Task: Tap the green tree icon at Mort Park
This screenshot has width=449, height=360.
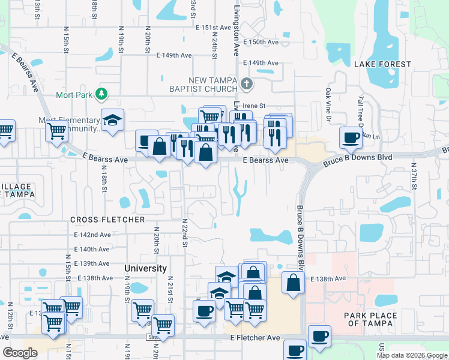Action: tap(101, 94)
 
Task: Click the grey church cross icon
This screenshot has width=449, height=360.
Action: tap(246, 83)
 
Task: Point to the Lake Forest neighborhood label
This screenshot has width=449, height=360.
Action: tap(382, 64)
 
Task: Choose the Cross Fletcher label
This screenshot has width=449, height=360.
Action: tap(107, 220)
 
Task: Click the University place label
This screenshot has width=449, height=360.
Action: tap(145, 268)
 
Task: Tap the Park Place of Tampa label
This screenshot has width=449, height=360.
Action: tap(370, 320)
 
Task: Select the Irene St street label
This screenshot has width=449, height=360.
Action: tap(253, 106)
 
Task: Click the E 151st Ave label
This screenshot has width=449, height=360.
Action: tap(213, 28)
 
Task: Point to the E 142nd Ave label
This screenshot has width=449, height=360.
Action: tap(92, 235)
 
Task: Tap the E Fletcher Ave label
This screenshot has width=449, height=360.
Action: tap(255, 338)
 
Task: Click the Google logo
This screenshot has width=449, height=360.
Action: tap(20, 353)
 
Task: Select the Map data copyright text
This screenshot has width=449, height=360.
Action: tap(412, 355)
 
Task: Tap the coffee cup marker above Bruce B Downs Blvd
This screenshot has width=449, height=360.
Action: tap(351, 138)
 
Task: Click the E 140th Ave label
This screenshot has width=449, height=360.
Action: tap(92, 249)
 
